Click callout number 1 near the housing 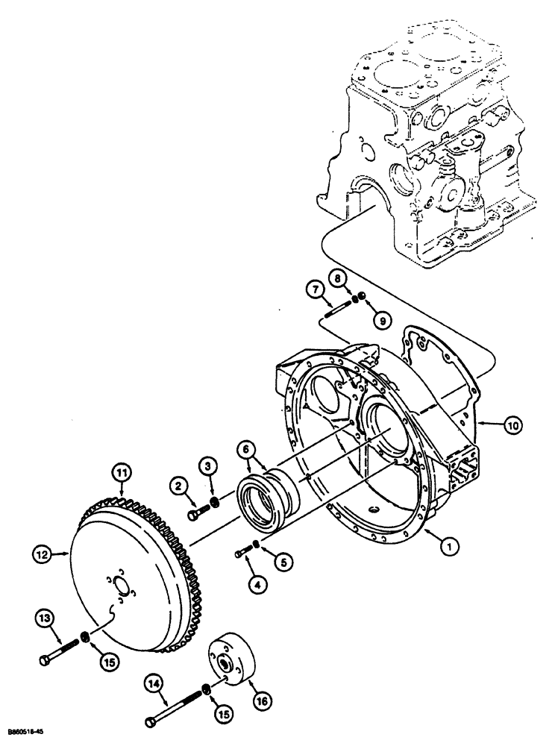click(x=448, y=547)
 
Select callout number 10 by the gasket click(x=514, y=426)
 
